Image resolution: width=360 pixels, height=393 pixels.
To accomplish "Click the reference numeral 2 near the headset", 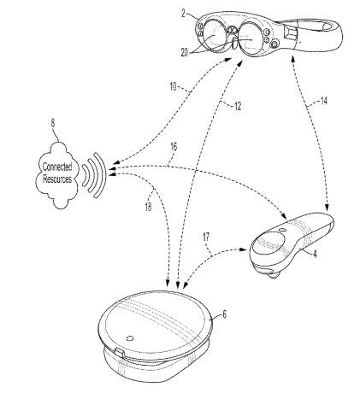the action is click(x=184, y=13).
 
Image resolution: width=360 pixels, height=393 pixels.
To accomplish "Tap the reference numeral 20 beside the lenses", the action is click(x=185, y=52).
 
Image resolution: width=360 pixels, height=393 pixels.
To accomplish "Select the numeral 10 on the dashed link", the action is click(x=173, y=86).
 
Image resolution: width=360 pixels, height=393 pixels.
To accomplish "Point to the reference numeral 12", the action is click(x=238, y=106).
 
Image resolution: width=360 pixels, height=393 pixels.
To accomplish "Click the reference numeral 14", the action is click(x=323, y=101).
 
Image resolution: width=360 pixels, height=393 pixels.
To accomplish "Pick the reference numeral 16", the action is click(x=174, y=147).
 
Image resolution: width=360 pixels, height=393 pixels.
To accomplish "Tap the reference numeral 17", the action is click(x=206, y=238).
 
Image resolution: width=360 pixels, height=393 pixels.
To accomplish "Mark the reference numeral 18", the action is click(x=148, y=207).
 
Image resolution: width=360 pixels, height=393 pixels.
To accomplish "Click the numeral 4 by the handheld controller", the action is click(x=314, y=254).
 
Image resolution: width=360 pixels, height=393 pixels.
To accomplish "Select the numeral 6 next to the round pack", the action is click(x=225, y=314).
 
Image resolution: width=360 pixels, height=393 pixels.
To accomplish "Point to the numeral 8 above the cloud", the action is click(x=53, y=123).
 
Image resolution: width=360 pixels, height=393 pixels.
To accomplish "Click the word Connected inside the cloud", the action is click(x=57, y=167).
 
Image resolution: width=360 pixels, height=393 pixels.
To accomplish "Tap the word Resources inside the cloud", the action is click(x=57, y=179).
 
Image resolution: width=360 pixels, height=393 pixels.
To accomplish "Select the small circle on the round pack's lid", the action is click(x=130, y=338).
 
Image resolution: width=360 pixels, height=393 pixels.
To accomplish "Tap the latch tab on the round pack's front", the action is click(x=120, y=354).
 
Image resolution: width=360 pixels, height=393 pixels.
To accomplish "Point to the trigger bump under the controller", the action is click(x=274, y=275).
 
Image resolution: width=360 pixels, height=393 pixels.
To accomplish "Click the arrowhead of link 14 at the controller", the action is click(x=328, y=208).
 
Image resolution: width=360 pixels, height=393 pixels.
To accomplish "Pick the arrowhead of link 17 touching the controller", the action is click(x=244, y=249).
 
